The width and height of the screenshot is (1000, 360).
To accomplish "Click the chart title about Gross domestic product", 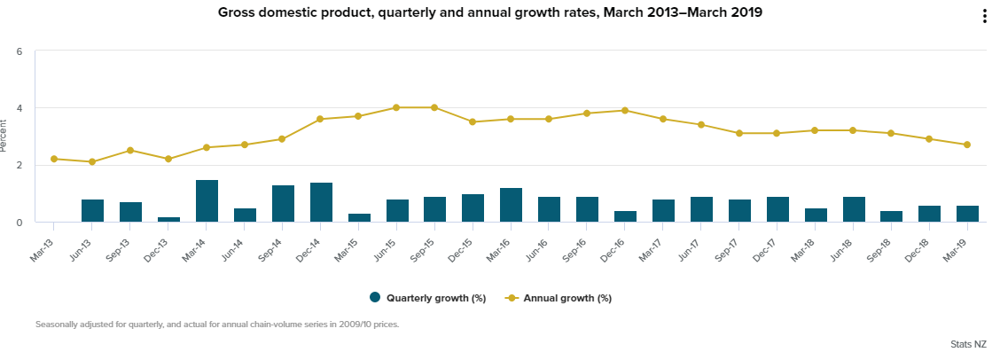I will [490, 13].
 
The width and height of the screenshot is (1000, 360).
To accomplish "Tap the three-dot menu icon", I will [984, 17].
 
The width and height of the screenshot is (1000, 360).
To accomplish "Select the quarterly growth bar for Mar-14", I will [207, 201].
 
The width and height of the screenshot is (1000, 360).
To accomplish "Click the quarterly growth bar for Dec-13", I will [168, 219].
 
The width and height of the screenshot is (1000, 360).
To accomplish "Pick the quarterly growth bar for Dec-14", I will [321, 202].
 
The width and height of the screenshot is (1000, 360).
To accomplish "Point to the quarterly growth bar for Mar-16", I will [511, 205].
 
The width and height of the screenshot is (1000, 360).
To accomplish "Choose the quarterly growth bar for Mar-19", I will [967, 214].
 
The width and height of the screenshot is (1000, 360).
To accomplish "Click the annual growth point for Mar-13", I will [54, 159].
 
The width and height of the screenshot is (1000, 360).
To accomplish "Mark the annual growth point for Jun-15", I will [396, 107].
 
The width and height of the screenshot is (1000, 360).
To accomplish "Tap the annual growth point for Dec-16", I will [625, 111].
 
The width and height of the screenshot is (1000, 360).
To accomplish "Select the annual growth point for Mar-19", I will [967, 145].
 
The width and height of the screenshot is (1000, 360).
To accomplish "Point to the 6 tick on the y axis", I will [19, 51].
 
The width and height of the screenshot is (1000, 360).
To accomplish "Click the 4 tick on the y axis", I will [19, 108].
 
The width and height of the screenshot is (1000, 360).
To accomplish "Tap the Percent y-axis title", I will [5, 137].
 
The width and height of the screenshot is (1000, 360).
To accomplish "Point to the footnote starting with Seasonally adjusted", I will [217, 325].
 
